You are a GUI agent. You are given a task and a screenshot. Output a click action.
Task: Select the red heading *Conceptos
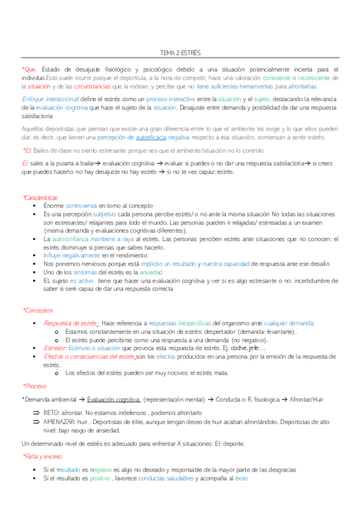37,310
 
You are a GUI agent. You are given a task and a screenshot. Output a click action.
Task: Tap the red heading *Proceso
34,386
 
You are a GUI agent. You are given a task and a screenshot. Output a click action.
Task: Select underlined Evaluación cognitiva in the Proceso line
113,399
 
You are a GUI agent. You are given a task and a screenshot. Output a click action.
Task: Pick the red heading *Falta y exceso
42,456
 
